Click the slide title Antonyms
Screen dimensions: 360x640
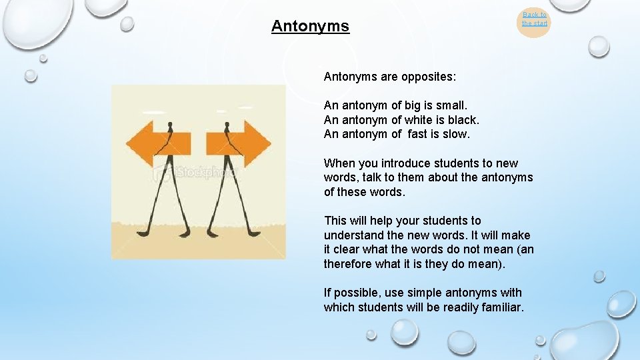(310, 27)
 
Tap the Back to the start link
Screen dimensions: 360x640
(534, 19)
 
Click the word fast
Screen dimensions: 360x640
(419, 134)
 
